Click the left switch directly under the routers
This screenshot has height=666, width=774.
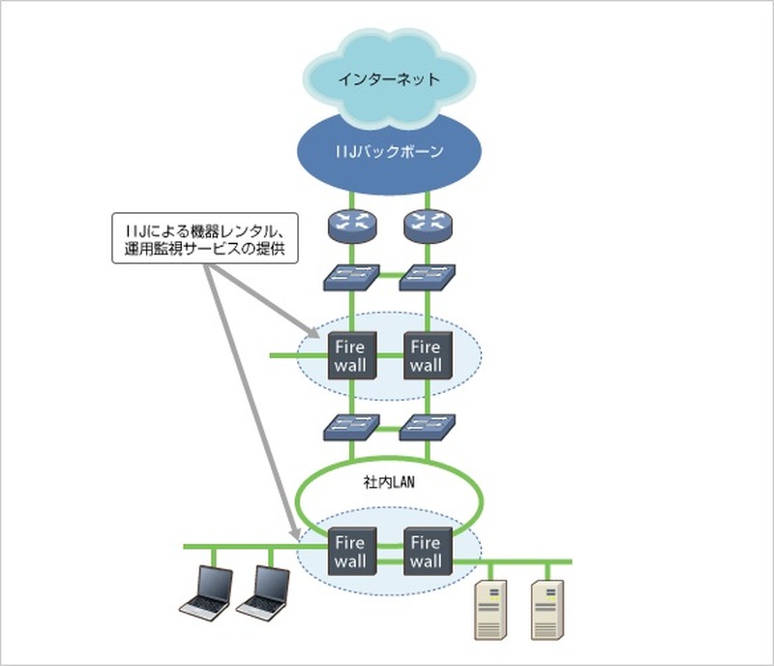click(352, 278)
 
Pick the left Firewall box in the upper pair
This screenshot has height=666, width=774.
click(352, 356)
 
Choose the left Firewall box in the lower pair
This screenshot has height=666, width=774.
click(352, 552)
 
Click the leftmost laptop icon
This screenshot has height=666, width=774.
click(208, 592)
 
